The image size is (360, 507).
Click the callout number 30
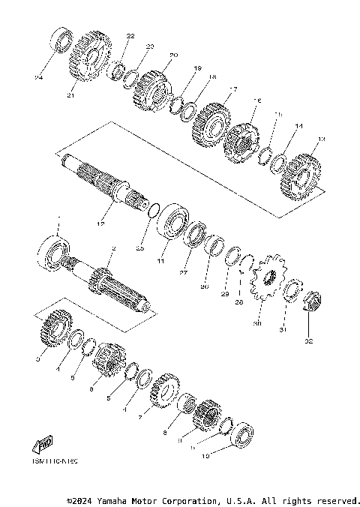pyautogui.click(x=258, y=324)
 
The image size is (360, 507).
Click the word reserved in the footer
pyautogui.click(x=337, y=500)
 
